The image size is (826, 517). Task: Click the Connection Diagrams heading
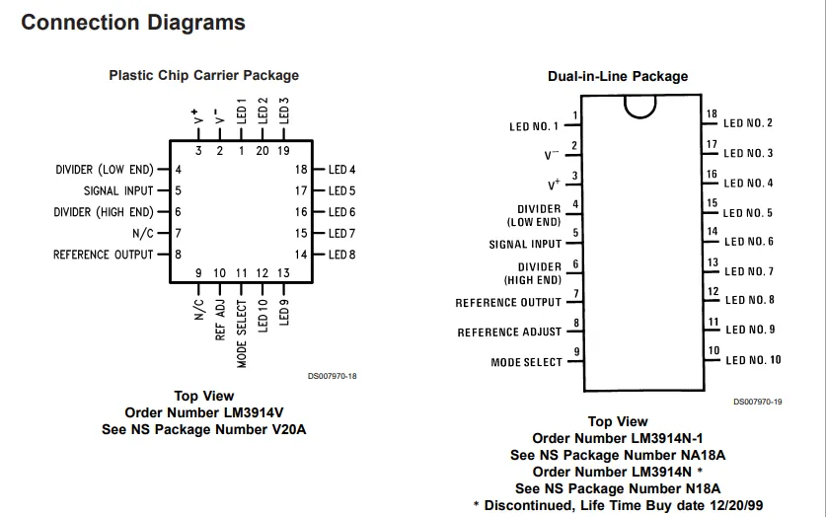point(133,23)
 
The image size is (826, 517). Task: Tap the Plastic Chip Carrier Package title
point(204,75)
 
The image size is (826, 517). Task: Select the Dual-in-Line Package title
point(618,76)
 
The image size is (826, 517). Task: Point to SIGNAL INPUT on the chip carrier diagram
point(118,190)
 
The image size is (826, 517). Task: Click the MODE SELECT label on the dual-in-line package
point(527,362)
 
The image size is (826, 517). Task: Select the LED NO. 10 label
point(753,360)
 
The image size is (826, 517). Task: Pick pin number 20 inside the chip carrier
point(263,151)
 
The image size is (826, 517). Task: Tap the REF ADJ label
point(220,320)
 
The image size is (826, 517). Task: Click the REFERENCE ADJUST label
point(509,332)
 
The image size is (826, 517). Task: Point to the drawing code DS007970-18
point(333,376)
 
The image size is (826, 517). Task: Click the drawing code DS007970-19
point(758,402)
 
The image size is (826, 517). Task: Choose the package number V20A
point(289,429)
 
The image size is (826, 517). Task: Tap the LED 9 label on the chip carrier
point(284,312)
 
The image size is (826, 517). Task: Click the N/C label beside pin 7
point(143,233)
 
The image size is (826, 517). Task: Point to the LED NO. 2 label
point(748,123)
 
